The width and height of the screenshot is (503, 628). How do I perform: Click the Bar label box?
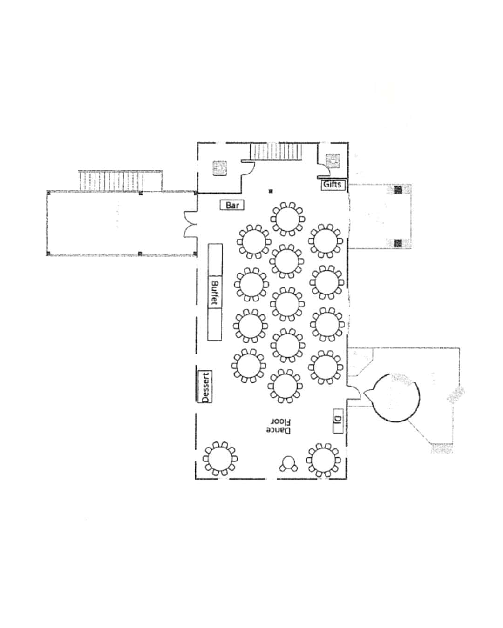coord(232,205)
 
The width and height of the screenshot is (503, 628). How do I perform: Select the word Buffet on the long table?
coord(215,293)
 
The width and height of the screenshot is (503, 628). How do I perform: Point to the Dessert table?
coord(205,387)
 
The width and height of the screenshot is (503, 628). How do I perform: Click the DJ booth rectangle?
coord(338,421)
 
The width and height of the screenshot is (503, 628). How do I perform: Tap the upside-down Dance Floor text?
coord(279,426)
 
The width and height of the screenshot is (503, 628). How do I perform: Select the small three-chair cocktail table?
coord(288,463)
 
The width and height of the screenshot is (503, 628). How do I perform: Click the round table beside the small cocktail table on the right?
coord(323,460)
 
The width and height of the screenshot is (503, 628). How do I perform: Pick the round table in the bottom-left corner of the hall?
coord(220,459)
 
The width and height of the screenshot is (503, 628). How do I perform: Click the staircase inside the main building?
coord(276,152)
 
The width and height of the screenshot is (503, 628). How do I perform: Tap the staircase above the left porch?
coord(111,181)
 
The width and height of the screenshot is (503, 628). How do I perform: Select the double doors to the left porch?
coord(190,224)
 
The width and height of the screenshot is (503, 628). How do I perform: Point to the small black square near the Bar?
coord(271,192)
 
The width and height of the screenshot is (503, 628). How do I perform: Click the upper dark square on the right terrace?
coord(398,190)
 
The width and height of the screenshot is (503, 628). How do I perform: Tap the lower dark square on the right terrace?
coord(398,243)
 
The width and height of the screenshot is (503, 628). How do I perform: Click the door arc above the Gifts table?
coord(322,169)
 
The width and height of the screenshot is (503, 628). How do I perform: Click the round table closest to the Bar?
coord(288,219)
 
